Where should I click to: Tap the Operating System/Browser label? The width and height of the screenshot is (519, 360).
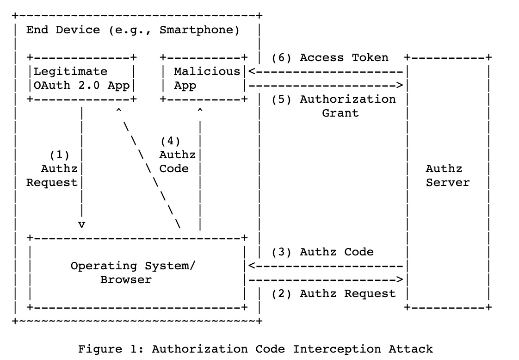coord(133,273)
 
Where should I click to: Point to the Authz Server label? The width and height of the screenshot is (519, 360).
coord(447,175)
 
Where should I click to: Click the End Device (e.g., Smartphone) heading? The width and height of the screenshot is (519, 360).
coord(133,30)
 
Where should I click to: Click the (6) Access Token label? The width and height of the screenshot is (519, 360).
coord(330,58)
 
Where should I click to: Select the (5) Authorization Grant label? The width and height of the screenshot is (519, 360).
coord(334,106)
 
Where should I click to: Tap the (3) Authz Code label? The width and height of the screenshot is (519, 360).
coord(323,252)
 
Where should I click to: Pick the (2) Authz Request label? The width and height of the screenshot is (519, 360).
coord(334,294)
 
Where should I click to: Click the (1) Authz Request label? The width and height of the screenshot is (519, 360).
coord(52,169)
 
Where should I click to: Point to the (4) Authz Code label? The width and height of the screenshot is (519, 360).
coord(178,155)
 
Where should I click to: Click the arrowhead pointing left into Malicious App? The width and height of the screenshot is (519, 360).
coord(252,72)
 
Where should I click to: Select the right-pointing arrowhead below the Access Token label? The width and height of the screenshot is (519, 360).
coord(400,86)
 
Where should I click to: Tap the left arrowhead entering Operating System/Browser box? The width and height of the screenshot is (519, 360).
coord(252,266)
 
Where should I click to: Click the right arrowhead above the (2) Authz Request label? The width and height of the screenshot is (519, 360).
coord(400,280)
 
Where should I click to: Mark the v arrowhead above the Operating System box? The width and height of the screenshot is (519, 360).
coord(81,225)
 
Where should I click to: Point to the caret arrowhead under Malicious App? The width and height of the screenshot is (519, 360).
coord(200,110)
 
